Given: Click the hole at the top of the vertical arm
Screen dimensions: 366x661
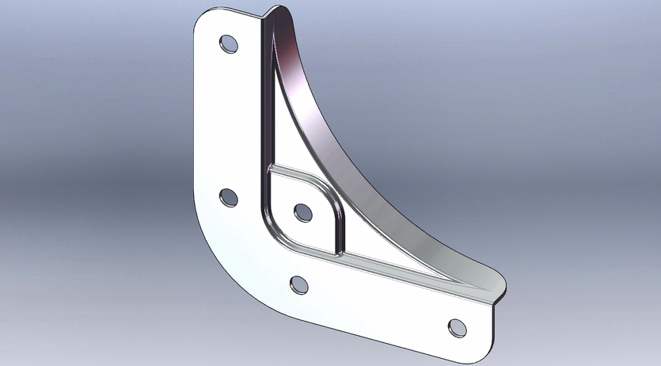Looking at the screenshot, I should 228,44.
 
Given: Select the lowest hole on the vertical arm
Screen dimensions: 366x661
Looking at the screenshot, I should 228,196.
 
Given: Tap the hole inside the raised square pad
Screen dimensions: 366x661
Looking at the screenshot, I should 302,212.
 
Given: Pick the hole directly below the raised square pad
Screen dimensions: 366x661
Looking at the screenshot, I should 299,284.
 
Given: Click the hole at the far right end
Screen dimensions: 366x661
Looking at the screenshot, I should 457,326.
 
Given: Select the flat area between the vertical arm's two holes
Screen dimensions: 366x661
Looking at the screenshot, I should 228,119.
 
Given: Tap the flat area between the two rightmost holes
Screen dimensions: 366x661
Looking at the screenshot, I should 376,305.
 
